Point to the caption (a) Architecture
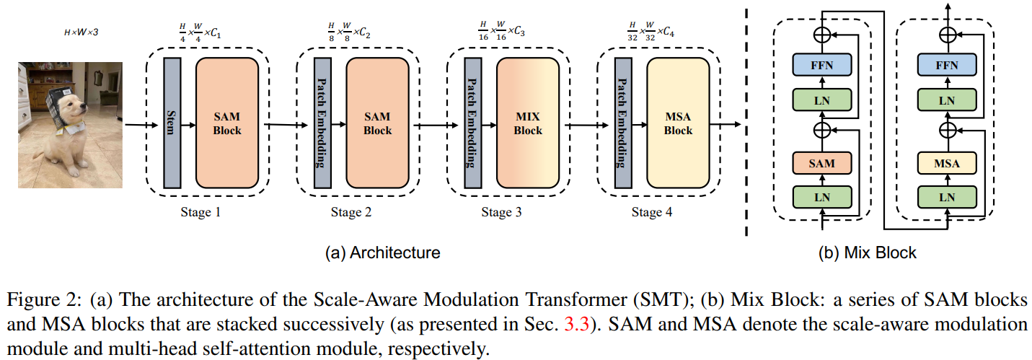coord(382,253)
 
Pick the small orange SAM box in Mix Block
coord(821,164)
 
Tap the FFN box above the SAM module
coord(821,66)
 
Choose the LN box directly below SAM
coord(821,196)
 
